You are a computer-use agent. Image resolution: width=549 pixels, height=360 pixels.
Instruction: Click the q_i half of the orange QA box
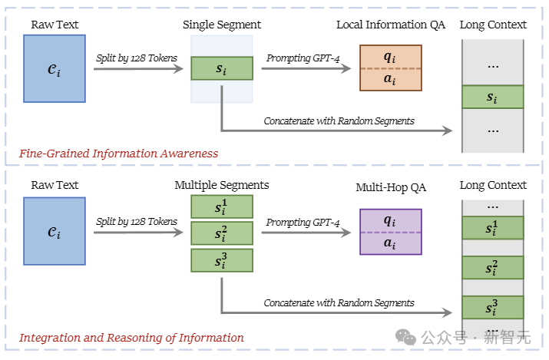[391, 56]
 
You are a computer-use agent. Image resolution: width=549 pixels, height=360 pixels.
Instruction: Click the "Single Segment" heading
[221, 25]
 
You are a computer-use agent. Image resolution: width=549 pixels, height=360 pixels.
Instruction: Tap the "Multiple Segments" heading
[221, 185]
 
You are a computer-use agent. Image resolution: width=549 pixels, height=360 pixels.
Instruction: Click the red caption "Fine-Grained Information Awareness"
[118, 154]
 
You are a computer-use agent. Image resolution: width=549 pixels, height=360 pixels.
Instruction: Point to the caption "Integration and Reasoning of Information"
[131, 338]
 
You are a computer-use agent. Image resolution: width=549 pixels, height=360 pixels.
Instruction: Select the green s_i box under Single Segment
[221, 68]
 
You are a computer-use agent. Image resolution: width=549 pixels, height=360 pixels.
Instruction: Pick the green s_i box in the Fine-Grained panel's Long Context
[492, 97]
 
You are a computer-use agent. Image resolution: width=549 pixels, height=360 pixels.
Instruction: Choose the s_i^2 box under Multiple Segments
[221, 233]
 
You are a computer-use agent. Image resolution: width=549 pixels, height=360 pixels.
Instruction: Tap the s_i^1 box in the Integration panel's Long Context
[492, 228]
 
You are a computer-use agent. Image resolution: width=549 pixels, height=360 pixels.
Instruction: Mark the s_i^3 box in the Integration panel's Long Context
[492, 308]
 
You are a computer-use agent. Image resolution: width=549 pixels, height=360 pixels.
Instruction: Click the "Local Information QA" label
[391, 25]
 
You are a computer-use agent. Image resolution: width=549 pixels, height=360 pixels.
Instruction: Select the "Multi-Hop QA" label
[391, 187]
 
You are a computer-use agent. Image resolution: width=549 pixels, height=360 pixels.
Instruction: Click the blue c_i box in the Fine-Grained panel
[55, 68]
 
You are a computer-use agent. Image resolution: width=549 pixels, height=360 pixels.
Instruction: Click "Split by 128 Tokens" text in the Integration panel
[137, 222]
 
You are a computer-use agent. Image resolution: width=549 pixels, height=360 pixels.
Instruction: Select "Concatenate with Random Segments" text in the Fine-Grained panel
[339, 121]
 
